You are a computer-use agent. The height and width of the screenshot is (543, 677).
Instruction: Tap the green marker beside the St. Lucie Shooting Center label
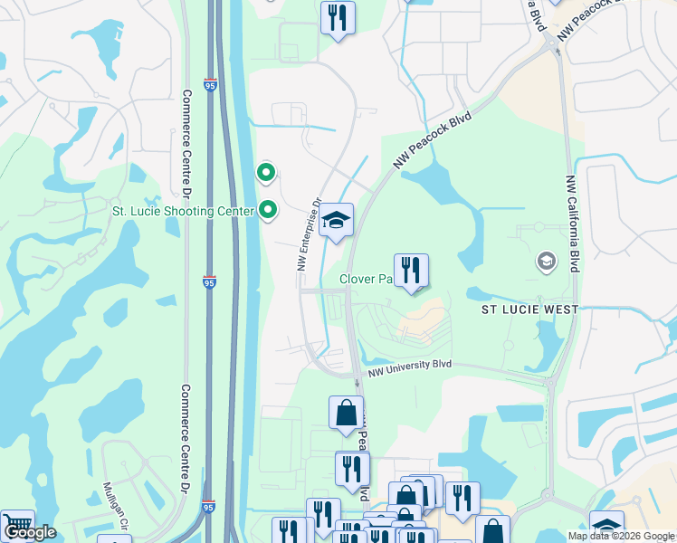pos(267,211)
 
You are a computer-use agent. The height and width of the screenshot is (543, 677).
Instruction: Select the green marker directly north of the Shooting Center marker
pos(266,171)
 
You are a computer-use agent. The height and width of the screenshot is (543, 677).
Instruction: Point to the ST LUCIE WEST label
pos(529,310)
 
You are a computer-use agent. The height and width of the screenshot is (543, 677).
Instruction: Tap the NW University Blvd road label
pos(409,367)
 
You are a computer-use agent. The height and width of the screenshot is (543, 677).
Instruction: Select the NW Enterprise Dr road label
pos(309,236)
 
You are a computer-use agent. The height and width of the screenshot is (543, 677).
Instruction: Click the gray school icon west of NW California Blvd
pos(546,262)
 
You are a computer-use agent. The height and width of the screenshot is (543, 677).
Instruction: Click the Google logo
pos(29,532)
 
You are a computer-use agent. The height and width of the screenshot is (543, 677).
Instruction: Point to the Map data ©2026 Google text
pos(621,536)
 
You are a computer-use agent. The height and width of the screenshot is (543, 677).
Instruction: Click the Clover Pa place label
pos(364,279)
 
